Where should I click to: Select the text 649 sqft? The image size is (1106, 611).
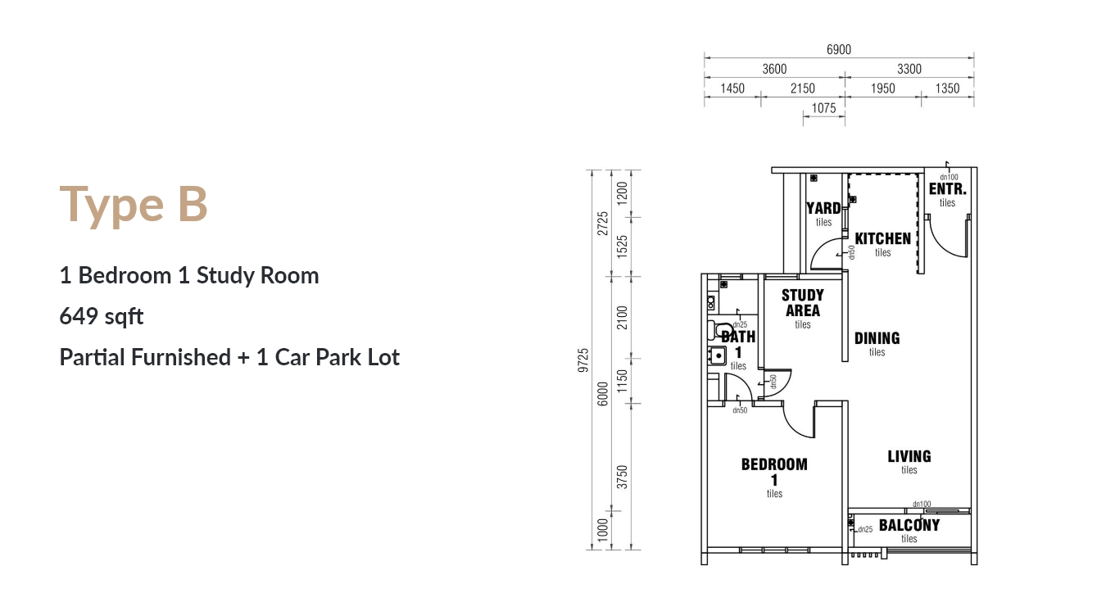[x=102, y=316]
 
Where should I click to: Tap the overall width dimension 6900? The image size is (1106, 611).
[x=839, y=49]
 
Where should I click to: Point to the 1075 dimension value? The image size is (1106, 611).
[x=823, y=107]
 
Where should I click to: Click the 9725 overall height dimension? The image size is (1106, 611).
[x=583, y=360]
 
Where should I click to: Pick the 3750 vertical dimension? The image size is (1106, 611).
[x=622, y=477]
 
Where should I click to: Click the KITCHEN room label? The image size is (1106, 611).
[x=883, y=239]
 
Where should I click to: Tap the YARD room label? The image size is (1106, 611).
[x=823, y=208]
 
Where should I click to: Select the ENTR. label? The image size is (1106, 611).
[x=948, y=189]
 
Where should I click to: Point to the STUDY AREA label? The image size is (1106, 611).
[x=803, y=302]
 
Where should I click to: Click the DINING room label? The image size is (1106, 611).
[x=877, y=338]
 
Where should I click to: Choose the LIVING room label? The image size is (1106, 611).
[x=909, y=456]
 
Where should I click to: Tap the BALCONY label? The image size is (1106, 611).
[x=909, y=525]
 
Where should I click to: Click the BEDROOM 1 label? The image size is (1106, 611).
[x=774, y=472]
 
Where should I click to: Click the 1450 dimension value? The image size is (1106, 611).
[x=732, y=88]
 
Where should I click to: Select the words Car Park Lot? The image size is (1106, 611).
[x=338, y=357]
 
